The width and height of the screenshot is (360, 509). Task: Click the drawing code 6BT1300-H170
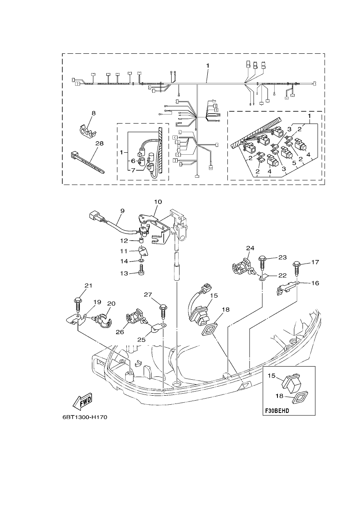[84, 417]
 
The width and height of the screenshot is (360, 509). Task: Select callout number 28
[100, 143]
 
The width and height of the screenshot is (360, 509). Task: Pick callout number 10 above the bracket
[158, 202]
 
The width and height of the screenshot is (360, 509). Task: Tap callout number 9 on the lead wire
[122, 211]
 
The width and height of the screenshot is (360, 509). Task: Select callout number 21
[88, 286]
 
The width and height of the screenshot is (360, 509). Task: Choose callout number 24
[250, 248]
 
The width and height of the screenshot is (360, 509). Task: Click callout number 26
[120, 332]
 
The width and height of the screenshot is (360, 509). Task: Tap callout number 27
[148, 295]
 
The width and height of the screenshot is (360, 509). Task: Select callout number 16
[315, 283]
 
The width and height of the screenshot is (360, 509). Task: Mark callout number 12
[124, 241]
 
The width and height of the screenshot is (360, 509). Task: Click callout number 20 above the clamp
[111, 304]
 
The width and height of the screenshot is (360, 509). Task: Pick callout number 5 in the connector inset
[294, 163]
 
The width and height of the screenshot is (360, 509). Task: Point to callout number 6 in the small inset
[133, 160]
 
